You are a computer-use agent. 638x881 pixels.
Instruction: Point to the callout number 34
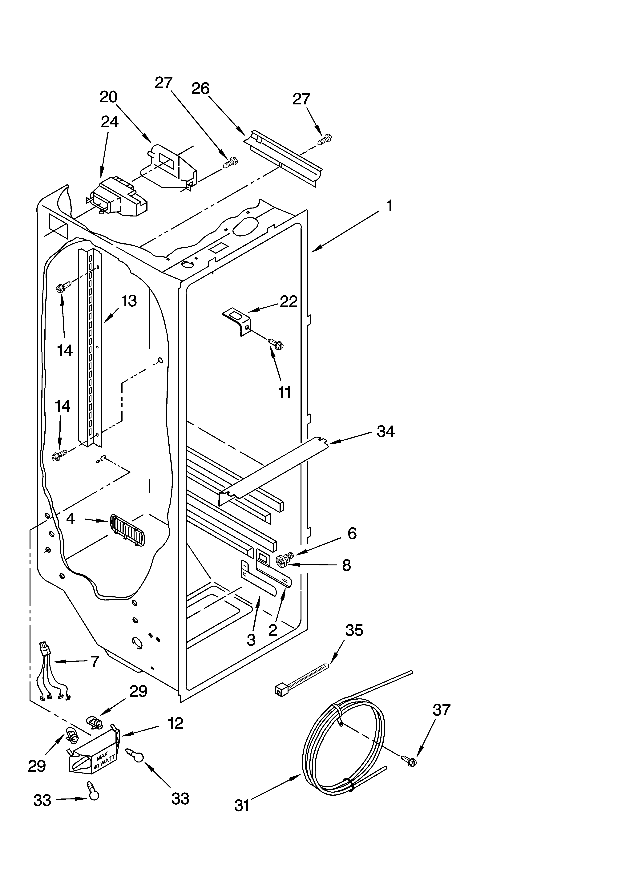tap(386, 432)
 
